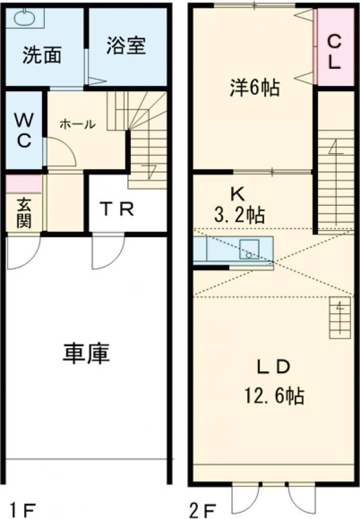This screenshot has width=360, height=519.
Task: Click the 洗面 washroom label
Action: coord(42,55)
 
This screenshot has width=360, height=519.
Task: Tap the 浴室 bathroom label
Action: coord(126,46)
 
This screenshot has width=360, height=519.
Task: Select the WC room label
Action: coord(24,130)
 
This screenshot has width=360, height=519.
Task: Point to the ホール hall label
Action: coord(77,124)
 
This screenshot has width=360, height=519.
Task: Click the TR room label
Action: coord(118,209)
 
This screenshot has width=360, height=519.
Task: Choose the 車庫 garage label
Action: coord(86,353)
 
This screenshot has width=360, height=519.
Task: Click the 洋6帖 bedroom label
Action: coord(255,88)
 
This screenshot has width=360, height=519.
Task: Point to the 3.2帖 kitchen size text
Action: coord(239,215)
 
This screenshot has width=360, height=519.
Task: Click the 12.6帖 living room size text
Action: coord(274,395)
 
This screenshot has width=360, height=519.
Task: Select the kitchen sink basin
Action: coord(249,249)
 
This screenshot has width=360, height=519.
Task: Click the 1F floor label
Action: coord(21,510)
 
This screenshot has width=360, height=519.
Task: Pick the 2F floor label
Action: coord(203,510)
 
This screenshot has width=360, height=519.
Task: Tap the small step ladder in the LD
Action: coord(340,317)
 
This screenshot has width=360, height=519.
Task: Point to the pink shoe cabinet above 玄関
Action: coord(24,184)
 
